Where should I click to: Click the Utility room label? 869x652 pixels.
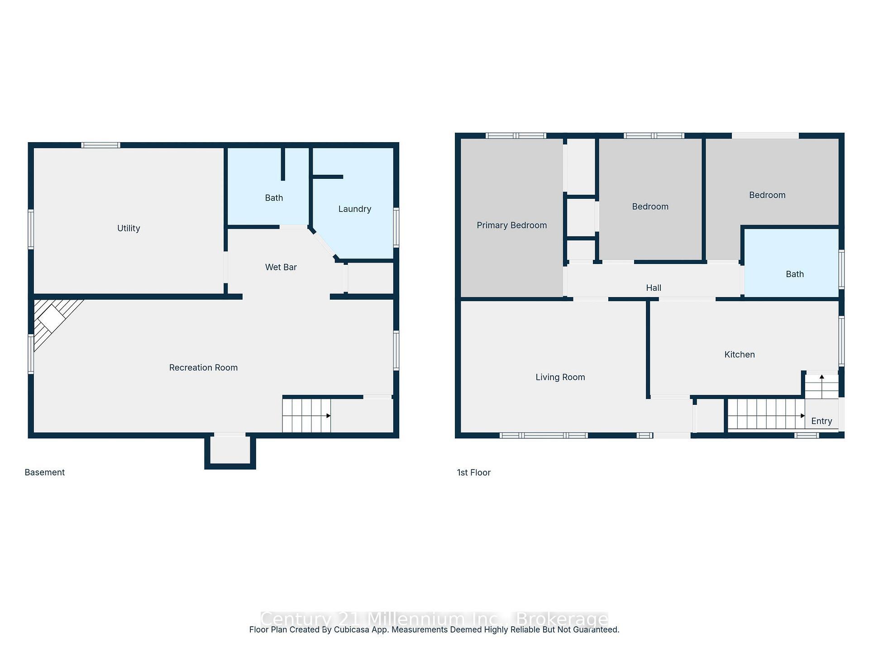click(129, 228)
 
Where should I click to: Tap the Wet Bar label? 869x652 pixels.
click(281, 267)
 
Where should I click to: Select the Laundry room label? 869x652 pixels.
click(354, 209)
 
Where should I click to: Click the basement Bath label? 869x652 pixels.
click(274, 198)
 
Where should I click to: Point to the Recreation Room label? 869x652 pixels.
click(203, 368)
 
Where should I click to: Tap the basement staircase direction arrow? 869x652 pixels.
click(328, 416)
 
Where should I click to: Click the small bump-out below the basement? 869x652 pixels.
click(230, 451)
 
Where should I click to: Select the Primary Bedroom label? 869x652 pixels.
click(511, 225)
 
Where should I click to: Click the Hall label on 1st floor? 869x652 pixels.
click(653, 288)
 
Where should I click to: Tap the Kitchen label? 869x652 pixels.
click(739, 355)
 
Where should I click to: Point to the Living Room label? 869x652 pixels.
click(560, 377)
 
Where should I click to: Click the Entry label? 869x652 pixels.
click(821, 421)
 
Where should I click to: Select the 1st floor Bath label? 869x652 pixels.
click(794, 274)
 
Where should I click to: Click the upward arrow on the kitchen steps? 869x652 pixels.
click(821, 377)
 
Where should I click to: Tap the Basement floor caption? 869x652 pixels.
click(44, 472)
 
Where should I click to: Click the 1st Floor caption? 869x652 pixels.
click(473, 472)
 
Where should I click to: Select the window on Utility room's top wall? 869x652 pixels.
click(100, 145)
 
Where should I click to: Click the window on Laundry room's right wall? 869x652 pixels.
click(396, 227)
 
